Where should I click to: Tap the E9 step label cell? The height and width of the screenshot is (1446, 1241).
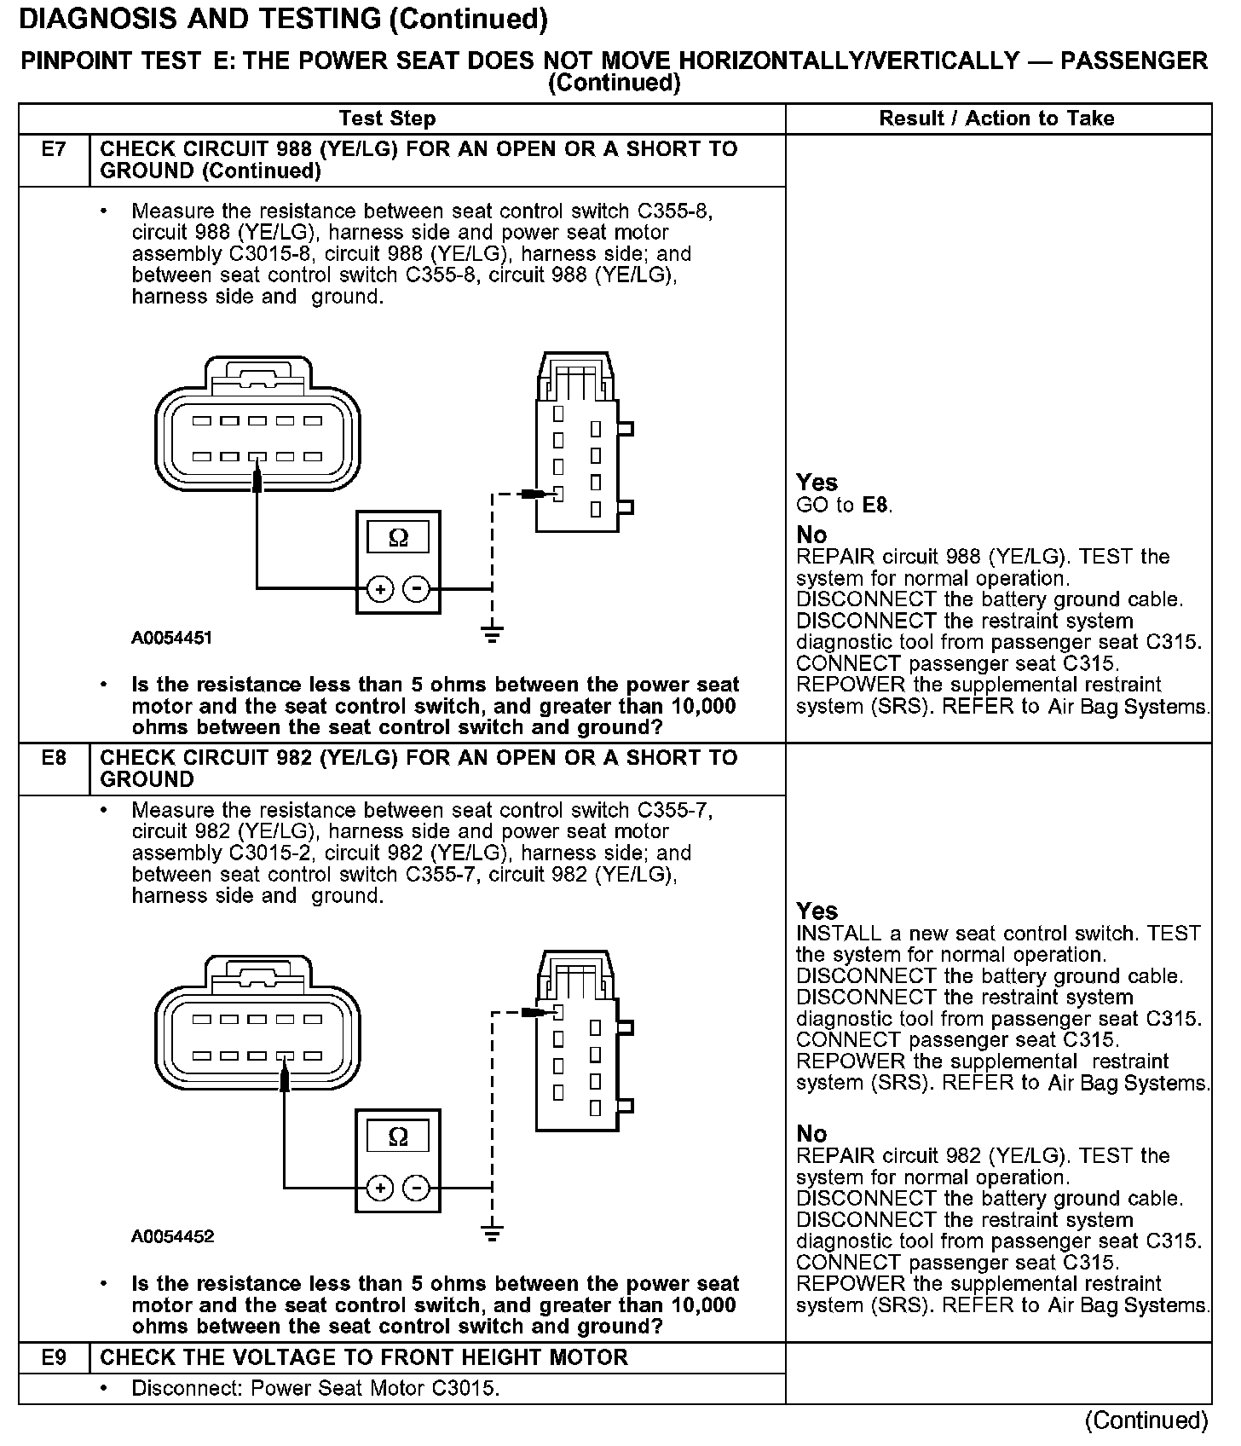point(54,1357)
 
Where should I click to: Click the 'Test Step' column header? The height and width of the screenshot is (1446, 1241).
point(387,119)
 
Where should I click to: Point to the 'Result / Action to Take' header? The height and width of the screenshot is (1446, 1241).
point(996,119)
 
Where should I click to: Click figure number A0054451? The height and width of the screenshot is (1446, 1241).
point(171,638)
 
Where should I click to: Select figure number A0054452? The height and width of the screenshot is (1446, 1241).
point(172,1236)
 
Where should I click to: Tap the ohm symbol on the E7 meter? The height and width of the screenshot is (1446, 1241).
point(398,538)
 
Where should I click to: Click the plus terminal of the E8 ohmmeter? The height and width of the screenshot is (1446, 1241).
point(380,1188)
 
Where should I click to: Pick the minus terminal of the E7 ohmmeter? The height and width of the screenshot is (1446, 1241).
point(416,588)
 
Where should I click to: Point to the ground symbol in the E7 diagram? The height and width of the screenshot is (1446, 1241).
point(492,634)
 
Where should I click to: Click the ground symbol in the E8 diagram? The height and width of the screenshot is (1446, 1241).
point(492,1233)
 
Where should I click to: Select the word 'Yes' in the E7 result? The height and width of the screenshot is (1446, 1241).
point(817,483)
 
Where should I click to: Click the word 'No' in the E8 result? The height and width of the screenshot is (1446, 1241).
point(811,1134)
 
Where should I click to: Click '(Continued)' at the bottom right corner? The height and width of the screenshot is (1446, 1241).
point(1146,1420)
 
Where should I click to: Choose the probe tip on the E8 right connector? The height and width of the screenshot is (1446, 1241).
point(535,1012)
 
